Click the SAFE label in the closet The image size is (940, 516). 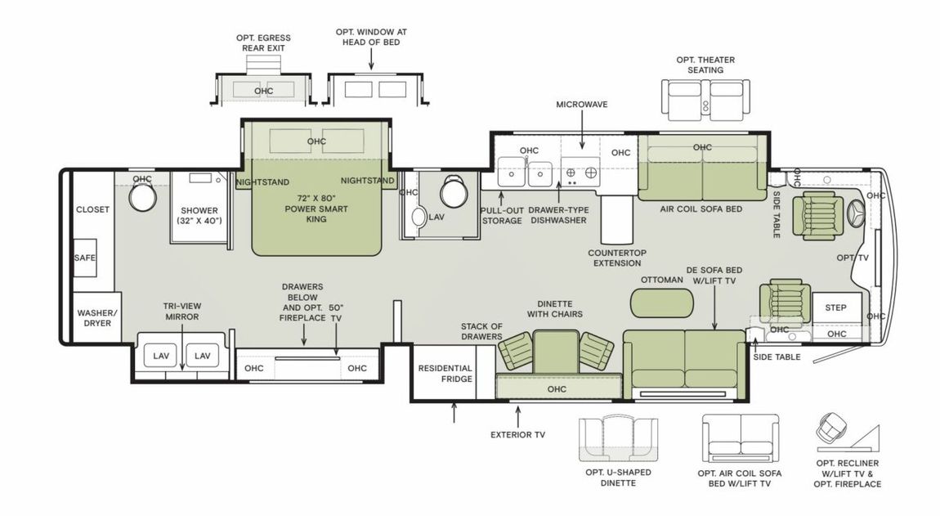tap(85, 258)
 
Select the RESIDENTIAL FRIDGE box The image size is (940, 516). tap(445, 374)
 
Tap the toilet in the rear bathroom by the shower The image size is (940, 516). tap(144, 196)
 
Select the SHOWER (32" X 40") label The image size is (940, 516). tap(199, 214)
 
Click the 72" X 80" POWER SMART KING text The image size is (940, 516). tap(317, 209)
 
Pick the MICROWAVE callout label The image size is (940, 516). tap(581, 105)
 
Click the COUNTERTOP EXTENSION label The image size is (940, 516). tap(616, 258)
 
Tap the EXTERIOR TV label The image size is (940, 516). tap(517, 434)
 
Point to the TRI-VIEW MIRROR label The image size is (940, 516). tap(181, 312)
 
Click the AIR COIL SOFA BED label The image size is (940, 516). tap(701, 209)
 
